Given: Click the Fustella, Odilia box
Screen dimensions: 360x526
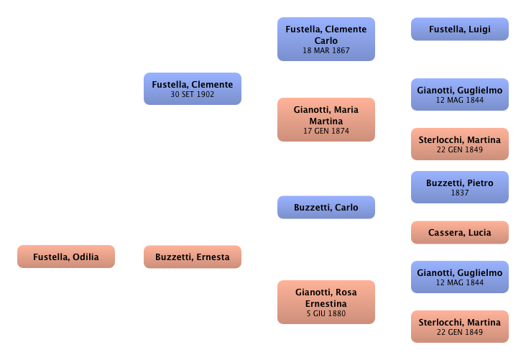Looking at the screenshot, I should pyautogui.click(x=65, y=257).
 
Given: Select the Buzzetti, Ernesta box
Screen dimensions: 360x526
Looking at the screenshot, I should pyautogui.click(x=192, y=257).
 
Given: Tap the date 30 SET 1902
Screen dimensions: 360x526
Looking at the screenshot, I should pyautogui.click(x=192, y=94).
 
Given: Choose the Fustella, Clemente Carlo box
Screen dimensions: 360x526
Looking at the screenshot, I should pyautogui.click(x=326, y=40).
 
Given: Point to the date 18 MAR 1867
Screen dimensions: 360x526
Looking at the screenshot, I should pyautogui.click(x=326, y=52).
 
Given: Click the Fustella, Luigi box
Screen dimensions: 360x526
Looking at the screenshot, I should pyautogui.click(x=459, y=29).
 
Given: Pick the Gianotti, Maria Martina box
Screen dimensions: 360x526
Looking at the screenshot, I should pyautogui.click(x=326, y=119).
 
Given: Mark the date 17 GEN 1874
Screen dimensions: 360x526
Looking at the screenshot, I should pyautogui.click(x=326, y=132).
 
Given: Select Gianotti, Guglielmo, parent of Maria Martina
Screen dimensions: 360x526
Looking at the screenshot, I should pyautogui.click(x=459, y=94).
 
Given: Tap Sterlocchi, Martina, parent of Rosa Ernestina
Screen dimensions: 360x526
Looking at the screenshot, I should pyautogui.click(x=459, y=326).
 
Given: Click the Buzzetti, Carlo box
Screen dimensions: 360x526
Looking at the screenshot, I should pyautogui.click(x=326, y=208).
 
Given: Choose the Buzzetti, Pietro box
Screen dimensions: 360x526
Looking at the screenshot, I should pyautogui.click(x=459, y=188).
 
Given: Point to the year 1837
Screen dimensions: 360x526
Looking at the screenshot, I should pyautogui.click(x=459, y=193).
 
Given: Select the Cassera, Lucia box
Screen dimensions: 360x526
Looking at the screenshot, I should pyautogui.click(x=459, y=233).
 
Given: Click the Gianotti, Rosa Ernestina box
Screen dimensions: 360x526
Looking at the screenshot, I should pyautogui.click(x=326, y=302).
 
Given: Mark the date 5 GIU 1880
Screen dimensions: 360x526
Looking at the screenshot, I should pyautogui.click(x=326, y=313).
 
